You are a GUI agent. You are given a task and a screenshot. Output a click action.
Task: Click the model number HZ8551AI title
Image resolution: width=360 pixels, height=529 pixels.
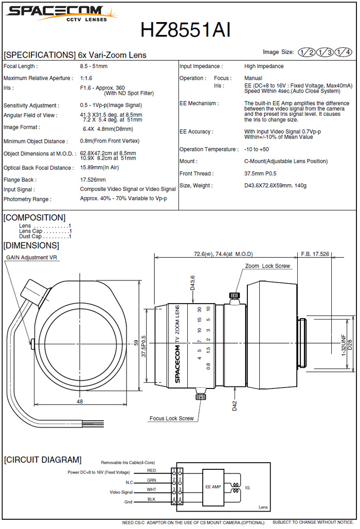(x=186, y=30)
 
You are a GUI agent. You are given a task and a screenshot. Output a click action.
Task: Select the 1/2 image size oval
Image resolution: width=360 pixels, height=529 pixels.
(x=308, y=52)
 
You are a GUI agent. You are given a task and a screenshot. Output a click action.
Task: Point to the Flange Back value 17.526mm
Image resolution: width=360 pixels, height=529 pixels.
(x=93, y=180)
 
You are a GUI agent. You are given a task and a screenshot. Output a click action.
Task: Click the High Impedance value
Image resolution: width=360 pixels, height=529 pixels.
(x=263, y=66)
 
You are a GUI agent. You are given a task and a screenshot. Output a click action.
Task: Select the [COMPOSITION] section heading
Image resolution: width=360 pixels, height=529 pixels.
(x=34, y=218)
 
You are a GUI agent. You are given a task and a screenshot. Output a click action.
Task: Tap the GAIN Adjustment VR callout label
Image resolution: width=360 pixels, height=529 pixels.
(x=31, y=257)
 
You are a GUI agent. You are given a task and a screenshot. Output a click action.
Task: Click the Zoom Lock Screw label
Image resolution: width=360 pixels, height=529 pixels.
(x=267, y=266)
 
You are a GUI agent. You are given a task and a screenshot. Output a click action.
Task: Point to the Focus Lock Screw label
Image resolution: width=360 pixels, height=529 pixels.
(x=171, y=418)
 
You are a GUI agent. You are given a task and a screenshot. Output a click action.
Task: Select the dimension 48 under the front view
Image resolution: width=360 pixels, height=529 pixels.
(x=80, y=401)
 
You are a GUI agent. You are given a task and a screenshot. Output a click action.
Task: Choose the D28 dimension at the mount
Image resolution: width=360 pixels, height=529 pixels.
(x=350, y=342)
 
